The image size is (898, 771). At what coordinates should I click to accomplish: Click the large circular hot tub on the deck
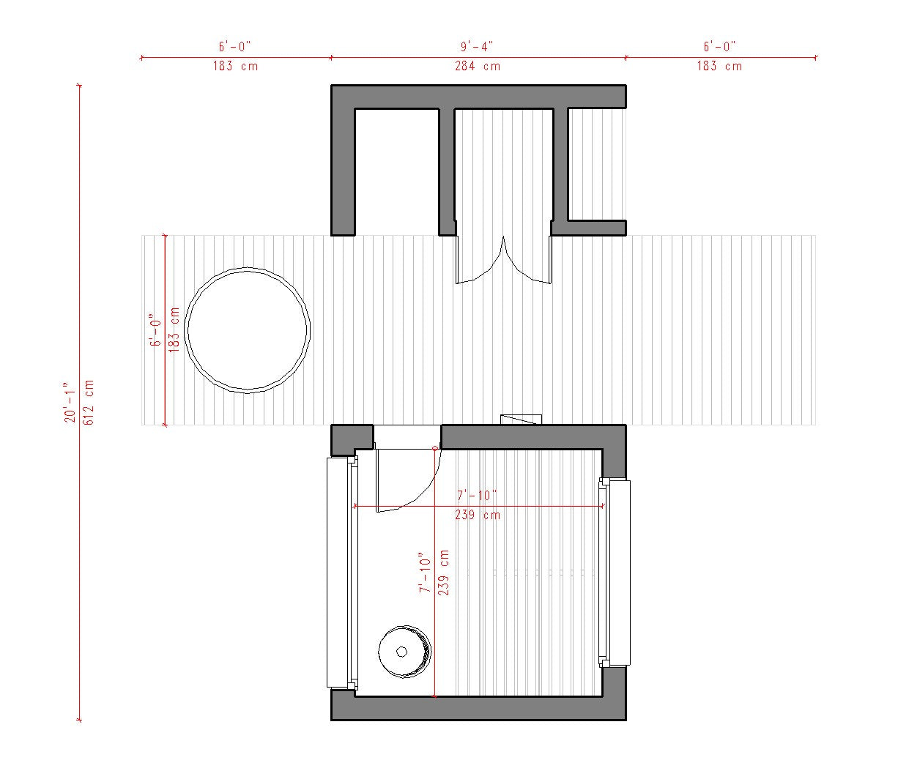[248, 330]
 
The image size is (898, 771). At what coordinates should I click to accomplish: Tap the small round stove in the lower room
[404, 652]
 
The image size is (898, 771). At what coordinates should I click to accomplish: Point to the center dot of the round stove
[401, 652]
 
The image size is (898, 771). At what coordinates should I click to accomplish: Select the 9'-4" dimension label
[477, 46]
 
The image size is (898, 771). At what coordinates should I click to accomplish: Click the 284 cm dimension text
[477, 66]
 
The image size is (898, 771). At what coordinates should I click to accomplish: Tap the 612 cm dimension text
[89, 402]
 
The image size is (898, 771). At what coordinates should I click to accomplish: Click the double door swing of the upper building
[503, 260]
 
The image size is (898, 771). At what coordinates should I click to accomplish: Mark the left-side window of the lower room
[338, 572]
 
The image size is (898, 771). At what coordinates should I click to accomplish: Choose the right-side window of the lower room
[619, 573]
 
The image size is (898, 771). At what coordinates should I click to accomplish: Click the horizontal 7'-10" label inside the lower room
[477, 496]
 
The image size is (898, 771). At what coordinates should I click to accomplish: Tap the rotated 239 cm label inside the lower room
[444, 572]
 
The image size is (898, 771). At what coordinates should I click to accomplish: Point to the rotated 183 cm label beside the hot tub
[174, 329]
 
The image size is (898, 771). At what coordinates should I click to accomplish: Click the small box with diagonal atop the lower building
[521, 420]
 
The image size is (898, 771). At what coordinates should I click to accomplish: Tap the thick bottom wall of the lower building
[478, 708]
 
